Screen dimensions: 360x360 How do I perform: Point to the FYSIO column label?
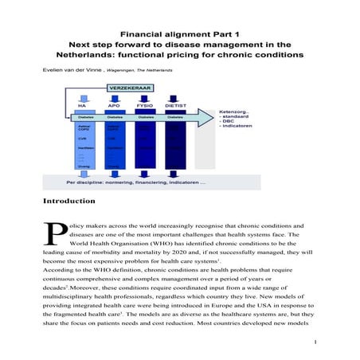pyautogui.click(x=146, y=104)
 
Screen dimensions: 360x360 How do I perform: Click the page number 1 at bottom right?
pyautogui.click(x=316, y=342)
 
